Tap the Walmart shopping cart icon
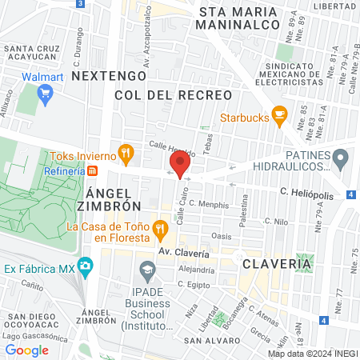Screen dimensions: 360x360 click(46, 94)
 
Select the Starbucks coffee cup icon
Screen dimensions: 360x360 click(279, 115)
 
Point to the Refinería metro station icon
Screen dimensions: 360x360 click(93, 171)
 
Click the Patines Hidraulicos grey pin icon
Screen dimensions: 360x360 click(341, 158)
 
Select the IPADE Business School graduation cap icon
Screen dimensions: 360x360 click(146, 270)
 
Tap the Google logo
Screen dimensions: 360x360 click(26, 350)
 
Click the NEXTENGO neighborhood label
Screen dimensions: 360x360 click(109, 75)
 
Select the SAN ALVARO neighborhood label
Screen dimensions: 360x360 click(207, 340)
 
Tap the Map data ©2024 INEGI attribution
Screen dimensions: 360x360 click(312, 354)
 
